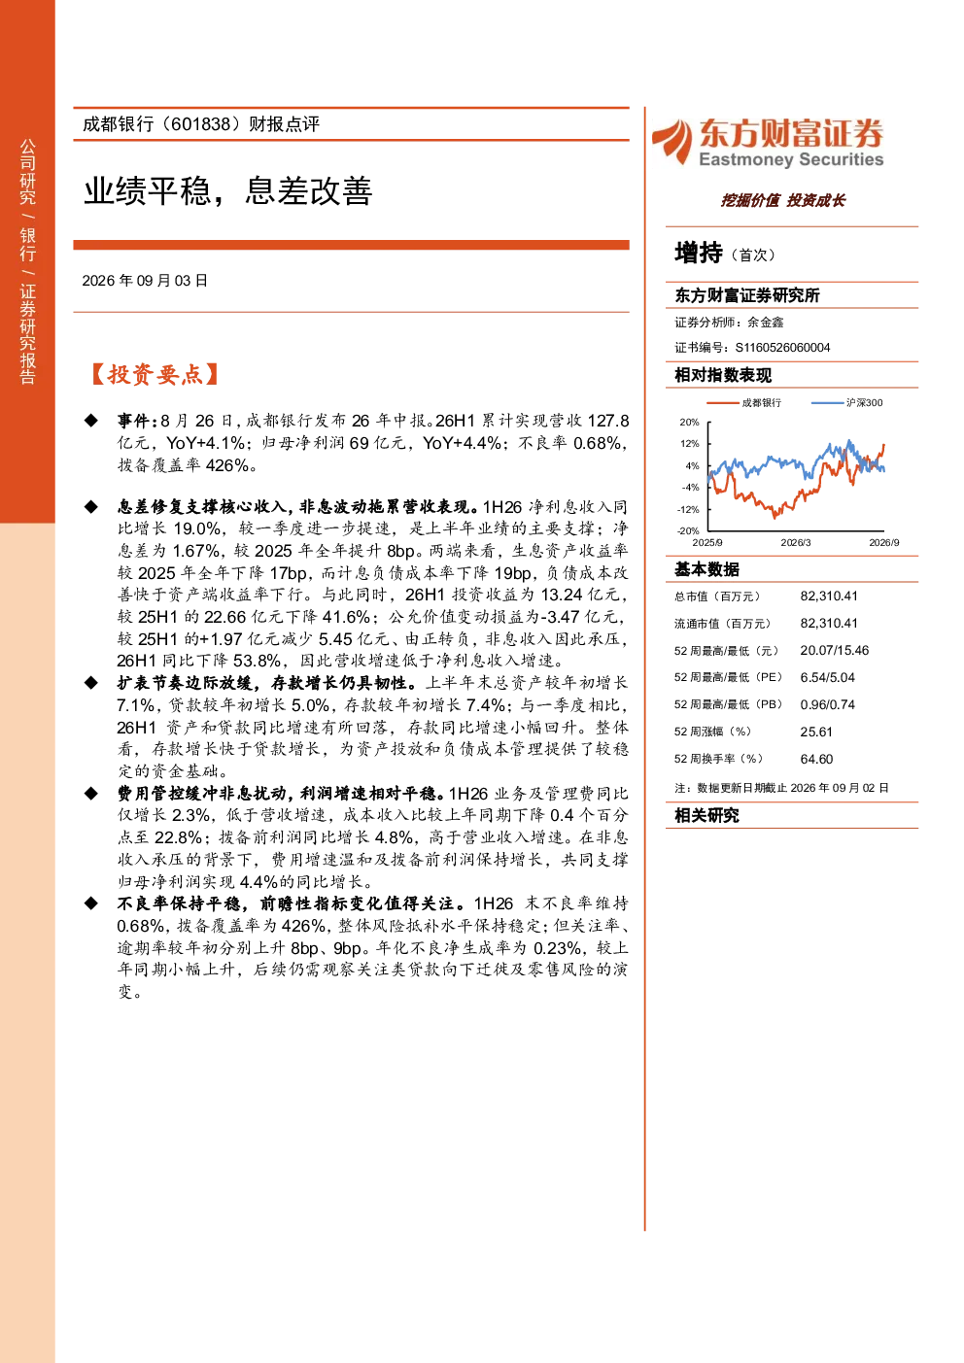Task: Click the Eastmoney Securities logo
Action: (768, 143)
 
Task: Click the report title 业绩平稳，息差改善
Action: (227, 191)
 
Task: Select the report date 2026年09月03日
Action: (145, 281)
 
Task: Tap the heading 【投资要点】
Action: (155, 374)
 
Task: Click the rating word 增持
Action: (699, 253)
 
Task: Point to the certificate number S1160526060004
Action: (782, 348)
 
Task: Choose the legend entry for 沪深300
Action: (846, 403)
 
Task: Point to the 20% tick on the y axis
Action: (689, 422)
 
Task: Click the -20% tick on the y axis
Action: (688, 530)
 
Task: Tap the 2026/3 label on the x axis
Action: (796, 543)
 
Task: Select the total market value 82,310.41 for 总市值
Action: (829, 596)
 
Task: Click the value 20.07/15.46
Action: (835, 651)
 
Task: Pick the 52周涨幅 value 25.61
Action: (816, 732)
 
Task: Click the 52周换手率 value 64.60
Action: (816, 760)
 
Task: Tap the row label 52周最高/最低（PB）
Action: (729, 704)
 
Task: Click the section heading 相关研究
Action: (706, 815)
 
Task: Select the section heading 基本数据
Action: (706, 569)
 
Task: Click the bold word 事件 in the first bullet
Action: (134, 421)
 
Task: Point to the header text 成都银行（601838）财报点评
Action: (201, 124)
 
